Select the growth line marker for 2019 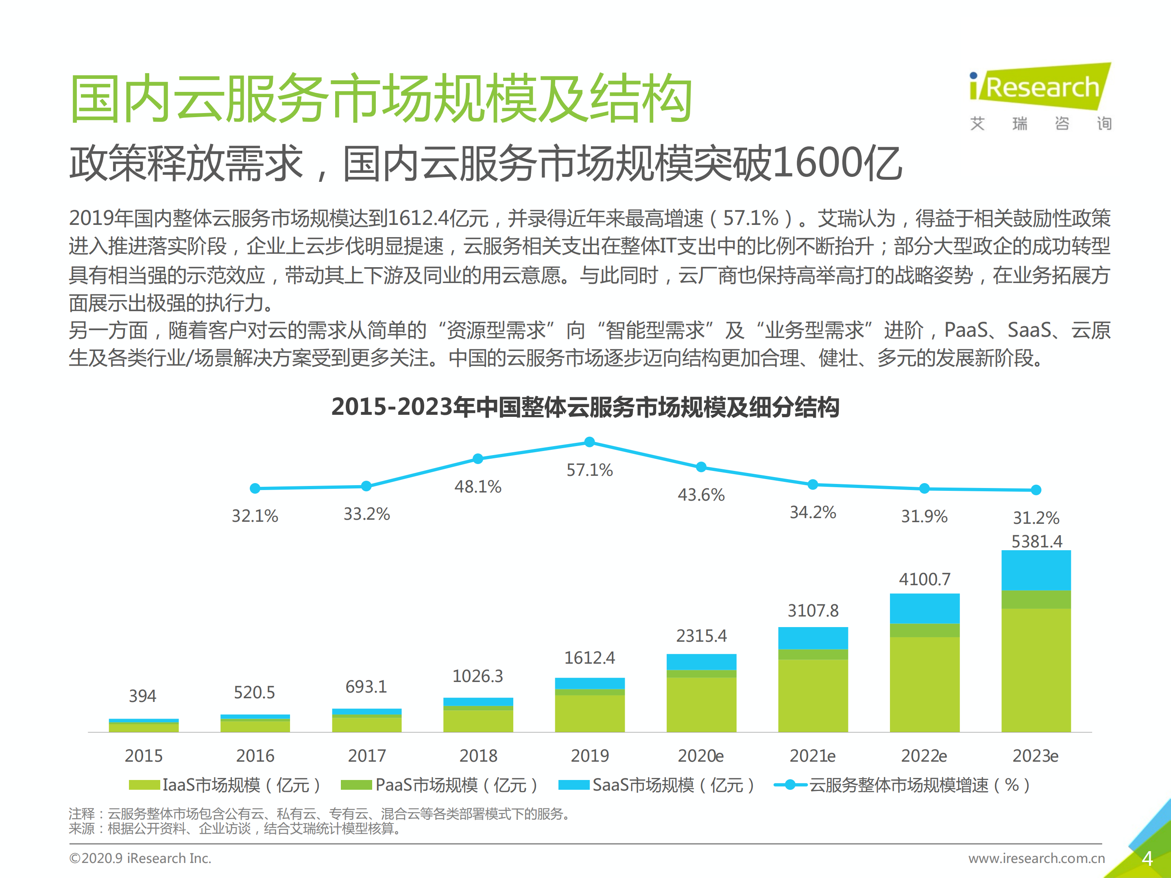tap(589, 442)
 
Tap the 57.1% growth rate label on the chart tap(589, 470)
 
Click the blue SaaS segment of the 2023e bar tap(1036, 570)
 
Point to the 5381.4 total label tap(1036, 541)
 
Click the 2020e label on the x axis tap(700, 756)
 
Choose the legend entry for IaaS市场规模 tap(225, 785)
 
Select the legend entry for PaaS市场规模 tap(439, 785)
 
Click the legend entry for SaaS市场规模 tap(656, 785)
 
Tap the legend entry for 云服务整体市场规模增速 tap(902, 785)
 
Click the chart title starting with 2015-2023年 tap(585, 407)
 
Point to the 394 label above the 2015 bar tap(143, 696)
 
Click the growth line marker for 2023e tap(1036, 490)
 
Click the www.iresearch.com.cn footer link tap(1036, 858)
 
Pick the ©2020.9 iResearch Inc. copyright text tap(140, 858)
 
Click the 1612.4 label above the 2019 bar tap(589, 658)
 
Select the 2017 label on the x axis tap(366, 756)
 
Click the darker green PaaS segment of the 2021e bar tap(813, 654)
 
